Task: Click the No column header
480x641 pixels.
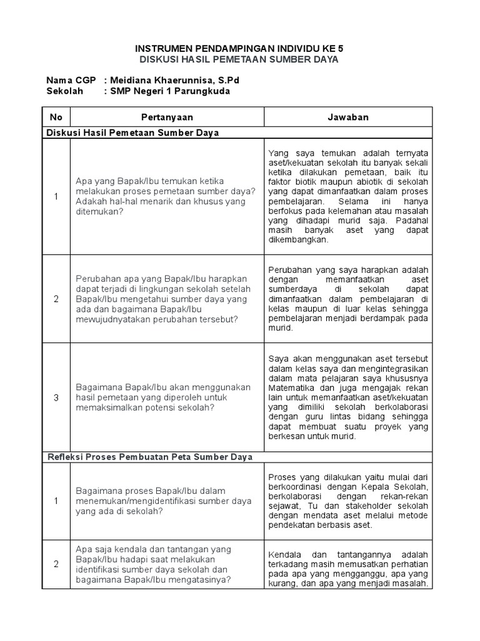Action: tap(56, 117)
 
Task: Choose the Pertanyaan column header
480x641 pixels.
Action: tap(167, 117)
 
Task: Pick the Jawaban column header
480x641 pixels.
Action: tap(348, 117)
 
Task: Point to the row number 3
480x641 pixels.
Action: tap(56, 397)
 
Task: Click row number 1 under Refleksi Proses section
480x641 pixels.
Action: tap(56, 501)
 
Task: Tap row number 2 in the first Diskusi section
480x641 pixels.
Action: tap(56, 299)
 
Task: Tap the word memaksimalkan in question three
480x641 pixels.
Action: tap(106, 408)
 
